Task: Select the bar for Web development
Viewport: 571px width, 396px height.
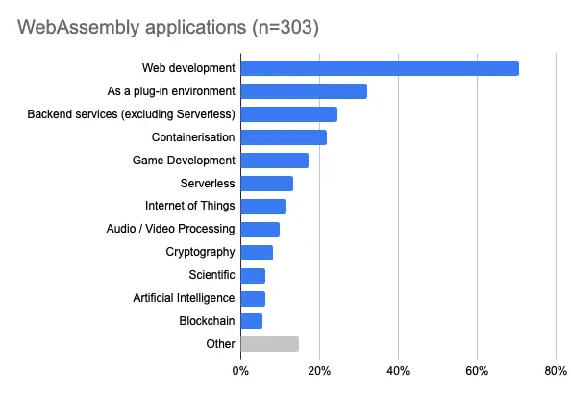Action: [x=380, y=68]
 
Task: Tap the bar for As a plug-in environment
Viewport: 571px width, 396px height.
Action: [x=304, y=91]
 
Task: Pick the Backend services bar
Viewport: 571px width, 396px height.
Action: [x=288, y=114]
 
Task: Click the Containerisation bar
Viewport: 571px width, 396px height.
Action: [x=284, y=137]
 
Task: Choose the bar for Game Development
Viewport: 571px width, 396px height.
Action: [x=274, y=161]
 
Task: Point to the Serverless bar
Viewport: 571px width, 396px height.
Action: [x=266, y=184]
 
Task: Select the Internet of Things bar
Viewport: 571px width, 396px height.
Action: [x=263, y=207]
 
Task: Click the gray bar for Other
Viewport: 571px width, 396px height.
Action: [x=269, y=344]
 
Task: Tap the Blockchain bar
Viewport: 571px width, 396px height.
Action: [x=251, y=321]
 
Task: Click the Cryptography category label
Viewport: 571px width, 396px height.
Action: [x=200, y=252]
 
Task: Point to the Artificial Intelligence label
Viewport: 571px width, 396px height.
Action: [x=184, y=298]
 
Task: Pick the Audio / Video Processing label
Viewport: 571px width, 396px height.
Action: [x=170, y=229]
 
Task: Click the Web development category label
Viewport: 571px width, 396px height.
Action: [x=188, y=68]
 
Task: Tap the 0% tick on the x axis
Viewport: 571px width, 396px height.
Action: [x=240, y=370]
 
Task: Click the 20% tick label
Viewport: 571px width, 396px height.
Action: [x=319, y=370]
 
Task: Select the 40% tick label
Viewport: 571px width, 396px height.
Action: [x=398, y=370]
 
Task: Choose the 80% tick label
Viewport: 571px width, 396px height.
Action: [x=555, y=370]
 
